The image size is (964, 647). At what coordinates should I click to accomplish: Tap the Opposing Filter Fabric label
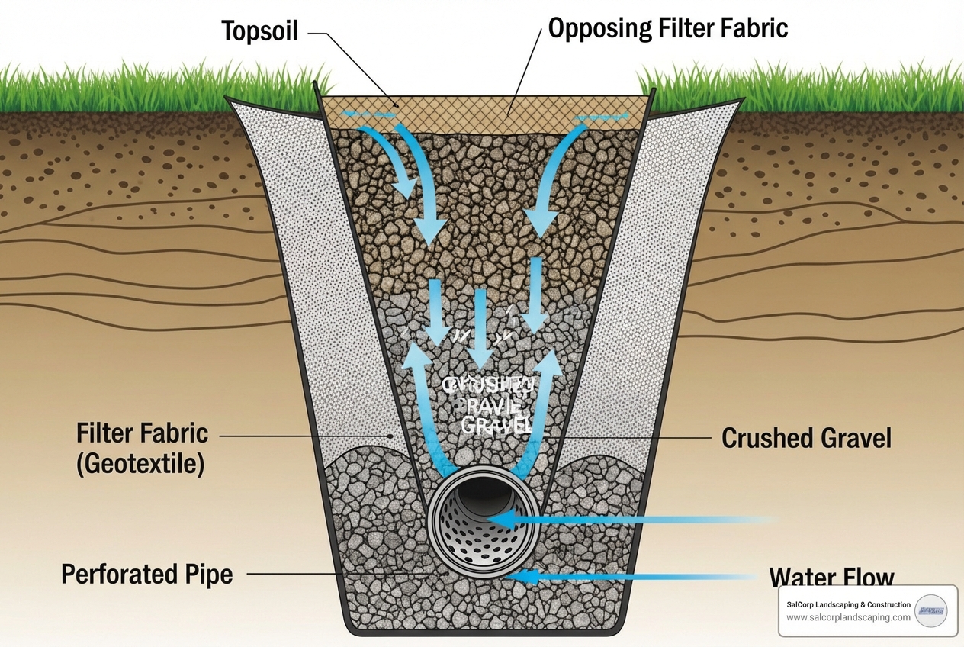point(668,28)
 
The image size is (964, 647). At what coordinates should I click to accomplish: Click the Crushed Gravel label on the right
point(806,438)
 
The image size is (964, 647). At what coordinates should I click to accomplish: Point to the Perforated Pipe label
point(146,574)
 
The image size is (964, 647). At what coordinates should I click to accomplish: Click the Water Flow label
point(831,577)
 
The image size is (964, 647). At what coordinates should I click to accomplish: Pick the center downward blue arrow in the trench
point(480,324)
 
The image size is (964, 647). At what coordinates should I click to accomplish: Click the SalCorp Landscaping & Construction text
point(848,604)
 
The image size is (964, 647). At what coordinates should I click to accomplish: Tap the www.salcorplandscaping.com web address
point(848,617)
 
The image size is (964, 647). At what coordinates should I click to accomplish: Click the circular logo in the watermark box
point(930,610)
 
